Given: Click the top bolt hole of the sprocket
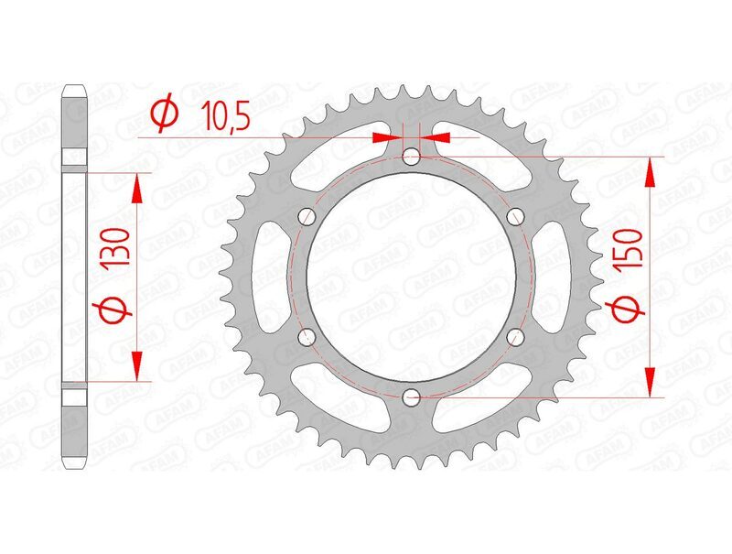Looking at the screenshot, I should tap(412, 155).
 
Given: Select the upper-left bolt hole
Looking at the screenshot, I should tap(307, 216).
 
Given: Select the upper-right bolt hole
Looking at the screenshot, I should tap(516, 216).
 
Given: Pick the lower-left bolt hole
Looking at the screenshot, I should tap(307, 337).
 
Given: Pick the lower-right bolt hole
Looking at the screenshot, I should tap(516, 337).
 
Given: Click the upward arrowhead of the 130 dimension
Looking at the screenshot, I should tap(137, 186).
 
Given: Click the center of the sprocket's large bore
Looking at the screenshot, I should tap(412, 276).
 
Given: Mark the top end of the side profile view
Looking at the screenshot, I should tap(75, 90).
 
